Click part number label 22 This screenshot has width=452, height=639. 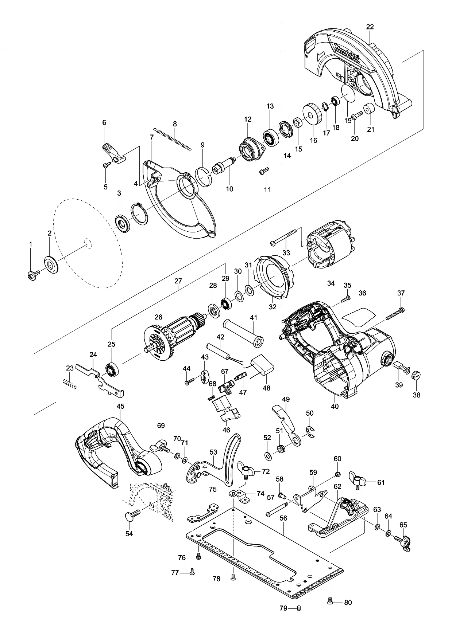[370, 27]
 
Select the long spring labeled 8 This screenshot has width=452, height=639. [172, 138]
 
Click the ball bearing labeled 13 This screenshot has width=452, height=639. [270, 137]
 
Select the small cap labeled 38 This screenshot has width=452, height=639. [416, 375]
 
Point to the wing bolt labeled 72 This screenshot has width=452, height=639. [248, 470]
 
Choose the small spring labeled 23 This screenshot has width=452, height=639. [69, 383]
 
